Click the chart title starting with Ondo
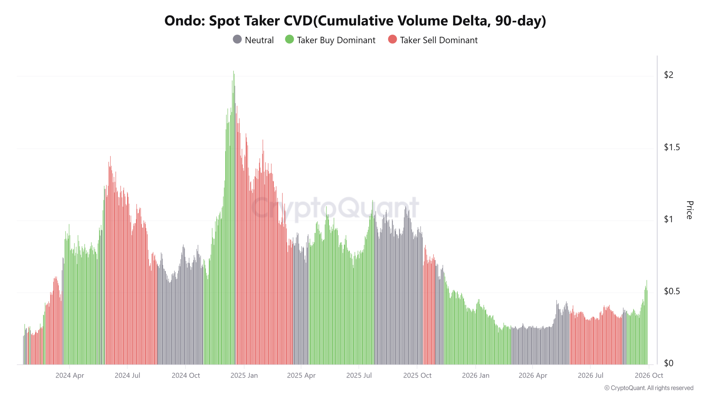[x=355, y=21]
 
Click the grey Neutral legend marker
[x=237, y=39]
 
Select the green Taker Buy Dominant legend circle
[x=289, y=39]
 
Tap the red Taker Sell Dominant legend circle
[x=392, y=39]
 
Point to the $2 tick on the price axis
[x=669, y=75]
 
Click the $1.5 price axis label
[x=672, y=147]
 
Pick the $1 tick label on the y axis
[x=669, y=219]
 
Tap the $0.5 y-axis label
[x=672, y=291]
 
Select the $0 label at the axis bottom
[x=669, y=363]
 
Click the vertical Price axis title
[x=689, y=210]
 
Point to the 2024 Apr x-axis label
[x=70, y=376]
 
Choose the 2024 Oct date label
[x=186, y=376]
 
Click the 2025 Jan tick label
[x=244, y=376]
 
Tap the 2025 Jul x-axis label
[x=359, y=376]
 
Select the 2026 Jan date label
[x=475, y=376]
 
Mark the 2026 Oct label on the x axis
[x=649, y=376]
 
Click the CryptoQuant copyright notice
[x=649, y=388]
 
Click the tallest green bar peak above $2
[x=234, y=71]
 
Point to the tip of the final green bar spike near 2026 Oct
[x=647, y=281]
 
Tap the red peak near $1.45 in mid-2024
[x=110, y=156]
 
